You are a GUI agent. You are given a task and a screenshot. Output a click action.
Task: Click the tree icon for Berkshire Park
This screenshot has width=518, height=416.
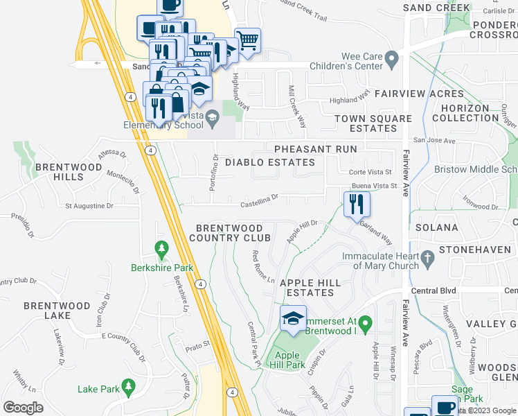click(x=161, y=248)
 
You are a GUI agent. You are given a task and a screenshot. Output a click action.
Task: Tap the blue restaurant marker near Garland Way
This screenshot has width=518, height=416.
click(x=357, y=205)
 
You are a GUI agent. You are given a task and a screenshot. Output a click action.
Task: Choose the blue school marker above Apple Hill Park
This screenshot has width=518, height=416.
click(x=293, y=320)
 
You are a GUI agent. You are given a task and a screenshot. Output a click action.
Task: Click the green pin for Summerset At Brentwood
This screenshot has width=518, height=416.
click(x=367, y=322)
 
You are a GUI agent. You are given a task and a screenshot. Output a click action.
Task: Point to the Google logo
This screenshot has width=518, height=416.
click(x=23, y=408)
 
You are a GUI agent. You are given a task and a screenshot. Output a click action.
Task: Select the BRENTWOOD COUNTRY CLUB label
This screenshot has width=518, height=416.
click(x=229, y=233)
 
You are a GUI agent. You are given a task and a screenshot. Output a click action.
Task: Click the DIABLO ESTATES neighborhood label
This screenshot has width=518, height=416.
click(x=270, y=162)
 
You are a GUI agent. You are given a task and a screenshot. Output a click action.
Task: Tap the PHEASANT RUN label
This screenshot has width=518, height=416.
click(x=315, y=149)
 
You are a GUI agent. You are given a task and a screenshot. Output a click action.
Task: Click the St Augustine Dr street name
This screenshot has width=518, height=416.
click(x=89, y=206)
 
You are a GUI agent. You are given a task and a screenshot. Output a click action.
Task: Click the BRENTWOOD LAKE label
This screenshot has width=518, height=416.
click(x=57, y=311)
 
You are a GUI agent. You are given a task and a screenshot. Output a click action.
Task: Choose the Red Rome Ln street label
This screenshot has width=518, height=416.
click(x=264, y=266)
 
